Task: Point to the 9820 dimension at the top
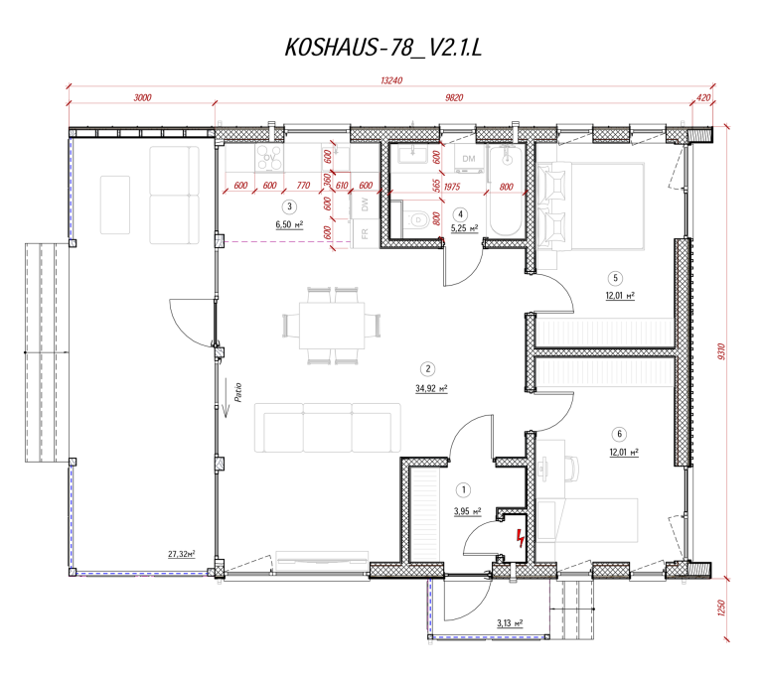click(x=455, y=97)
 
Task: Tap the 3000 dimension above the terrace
click(x=142, y=97)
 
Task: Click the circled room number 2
click(x=425, y=365)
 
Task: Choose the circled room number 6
click(x=620, y=433)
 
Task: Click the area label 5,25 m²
click(x=465, y=228)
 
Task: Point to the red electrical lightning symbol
click(x=520, y=539)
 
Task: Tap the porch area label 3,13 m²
click(x=510, y=623)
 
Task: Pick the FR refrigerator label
click(x=365, y=234)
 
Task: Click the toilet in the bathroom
click(x=418, y=218)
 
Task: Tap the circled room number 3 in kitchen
click(x=289, y=206)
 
